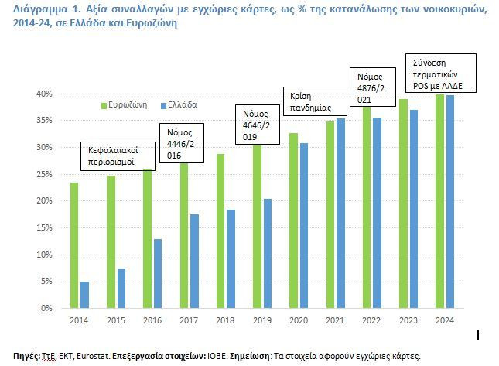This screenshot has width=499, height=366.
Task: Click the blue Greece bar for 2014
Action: [84, 295]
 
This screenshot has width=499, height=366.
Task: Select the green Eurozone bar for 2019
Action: [257, 227]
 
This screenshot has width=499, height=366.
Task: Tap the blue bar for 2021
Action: [340, 214]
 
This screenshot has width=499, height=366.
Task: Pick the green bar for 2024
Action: [439, 201]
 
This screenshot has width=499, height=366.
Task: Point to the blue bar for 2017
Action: [194, 261]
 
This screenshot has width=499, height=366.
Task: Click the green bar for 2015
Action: [111, 241]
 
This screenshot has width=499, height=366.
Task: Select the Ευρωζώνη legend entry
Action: [124, 105]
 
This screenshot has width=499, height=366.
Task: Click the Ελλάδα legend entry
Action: [179, 105]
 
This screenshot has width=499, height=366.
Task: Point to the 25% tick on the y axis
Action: [44, 174]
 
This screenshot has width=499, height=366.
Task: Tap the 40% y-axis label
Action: [44, 94]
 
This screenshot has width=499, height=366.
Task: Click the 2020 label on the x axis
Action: [299, 320]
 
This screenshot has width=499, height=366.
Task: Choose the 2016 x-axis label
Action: [152, 320]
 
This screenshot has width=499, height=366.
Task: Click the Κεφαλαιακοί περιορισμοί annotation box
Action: [118, 156]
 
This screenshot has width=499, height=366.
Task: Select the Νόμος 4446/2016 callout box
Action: [181, 143]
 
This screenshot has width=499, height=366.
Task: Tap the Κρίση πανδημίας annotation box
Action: [315, 101]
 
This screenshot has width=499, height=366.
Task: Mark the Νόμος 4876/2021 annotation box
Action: [373, 87]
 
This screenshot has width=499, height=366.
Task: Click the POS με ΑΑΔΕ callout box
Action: [441, 74]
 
